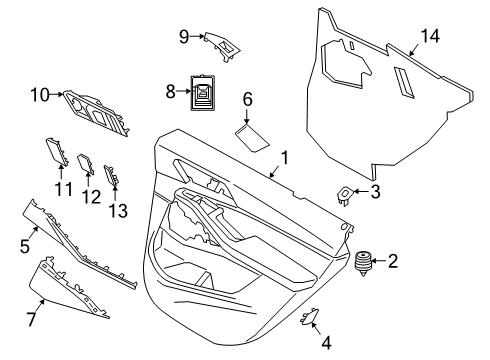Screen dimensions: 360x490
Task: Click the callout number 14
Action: click(x=429, y=36)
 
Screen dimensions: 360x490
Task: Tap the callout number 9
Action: click(x=184, y=37)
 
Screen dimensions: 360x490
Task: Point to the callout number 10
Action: click(x=39, y=95)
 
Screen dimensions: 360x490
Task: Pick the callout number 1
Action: click(x=284, y=157)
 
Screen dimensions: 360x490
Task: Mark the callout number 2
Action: click(x=392, y=262)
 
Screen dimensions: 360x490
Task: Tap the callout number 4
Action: click(x=324, y=342)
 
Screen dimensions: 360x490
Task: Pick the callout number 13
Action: click(x=119, y=210)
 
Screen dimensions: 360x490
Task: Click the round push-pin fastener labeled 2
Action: click(x=362, y=264)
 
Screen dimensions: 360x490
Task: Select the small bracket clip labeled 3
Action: click(x=345, y=194)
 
